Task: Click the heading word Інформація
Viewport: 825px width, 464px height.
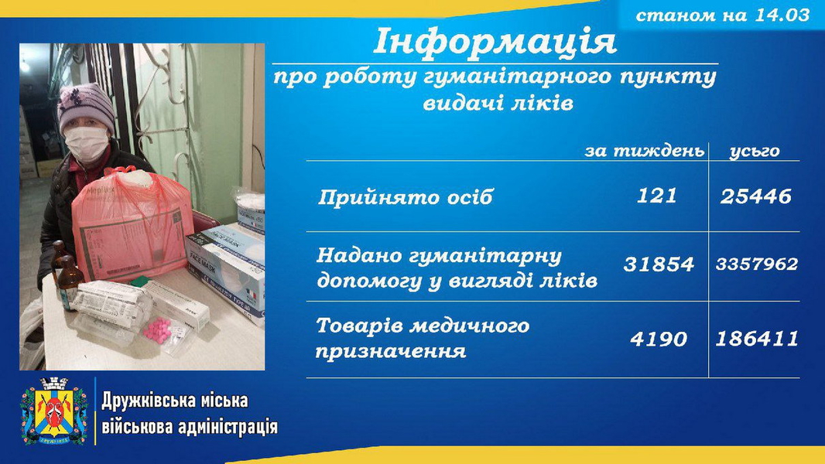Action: click(495, 42)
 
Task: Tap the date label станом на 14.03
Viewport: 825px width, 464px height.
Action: click(722, 15)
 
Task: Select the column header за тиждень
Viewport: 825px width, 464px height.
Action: click(644, 152)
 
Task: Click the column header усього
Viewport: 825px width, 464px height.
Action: click(755, 152)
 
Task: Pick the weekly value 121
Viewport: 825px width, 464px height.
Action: click(656, 196)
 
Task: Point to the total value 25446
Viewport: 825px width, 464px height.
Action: click(755, 196)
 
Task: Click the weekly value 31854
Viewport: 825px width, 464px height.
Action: click(658, 264)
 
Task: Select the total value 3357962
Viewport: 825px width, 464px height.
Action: click(757, 264)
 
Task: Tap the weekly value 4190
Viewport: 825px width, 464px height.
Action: click(658, 339)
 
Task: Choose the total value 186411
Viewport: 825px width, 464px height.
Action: click(757, 339)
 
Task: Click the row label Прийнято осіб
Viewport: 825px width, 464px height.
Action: click(405, 197)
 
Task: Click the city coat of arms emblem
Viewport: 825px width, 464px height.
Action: click(53, 411)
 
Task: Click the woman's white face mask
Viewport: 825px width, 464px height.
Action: click(86, 143)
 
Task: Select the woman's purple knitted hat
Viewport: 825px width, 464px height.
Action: click(86, 107)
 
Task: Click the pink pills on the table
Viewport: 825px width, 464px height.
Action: click(157, 330)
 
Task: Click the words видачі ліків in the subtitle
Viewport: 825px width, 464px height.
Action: click(498, 103)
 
